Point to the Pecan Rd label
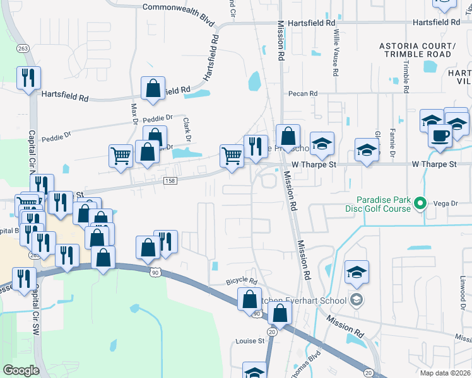[x=302, y=94]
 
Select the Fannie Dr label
[x=392, y=144]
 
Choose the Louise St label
[x=251, y=341]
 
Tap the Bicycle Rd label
[x=242, y=282]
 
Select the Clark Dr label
[x=187, y=129]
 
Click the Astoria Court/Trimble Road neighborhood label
[x=416, y=50]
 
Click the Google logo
[x=21, y=370]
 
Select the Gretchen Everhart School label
[x=312, y=300]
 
